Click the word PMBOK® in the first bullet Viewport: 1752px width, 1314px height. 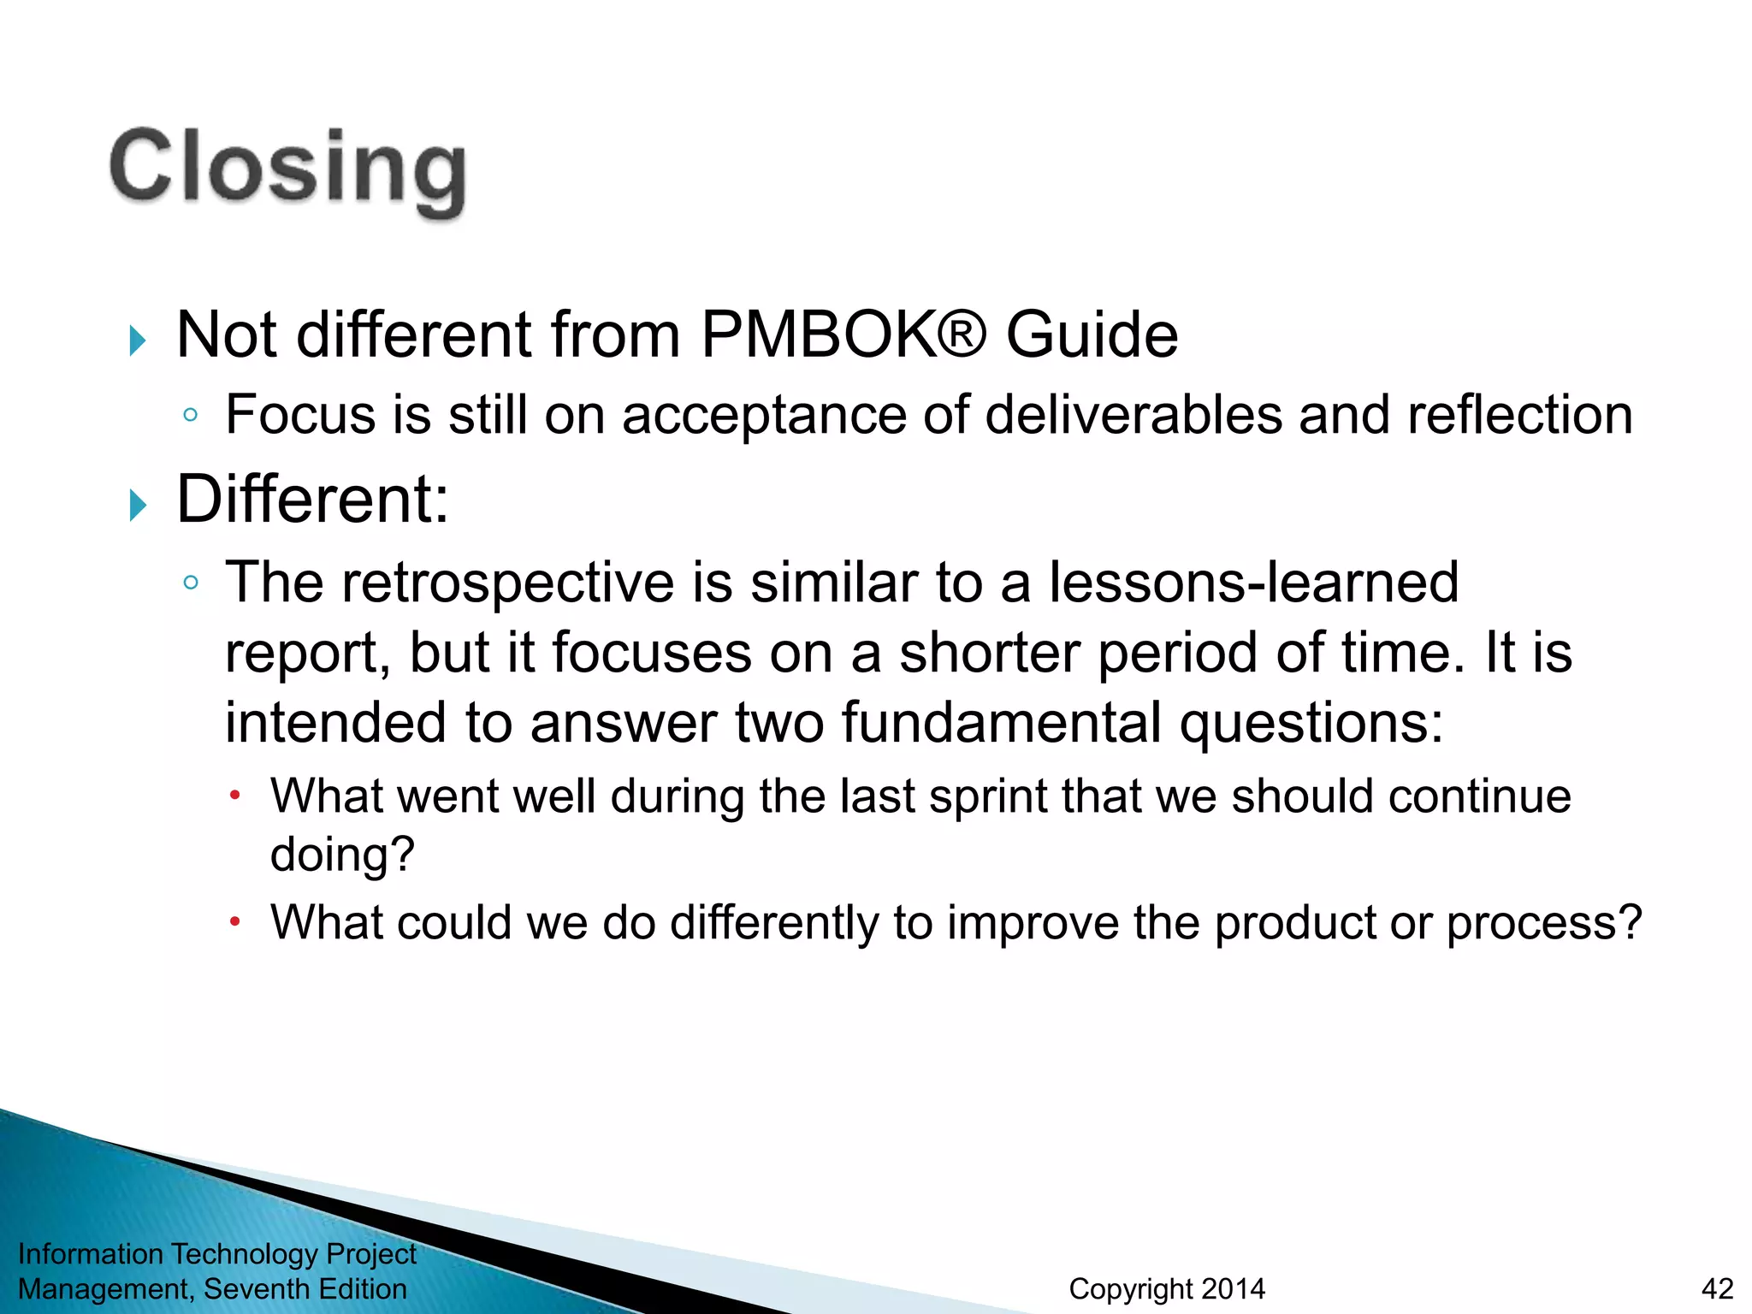[x=843, y=334]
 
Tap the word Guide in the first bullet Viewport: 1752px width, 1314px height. [x=1092, y=334]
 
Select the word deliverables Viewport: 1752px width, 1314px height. [x=1133, y=416]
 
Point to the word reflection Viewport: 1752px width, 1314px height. [x=1519, y=416]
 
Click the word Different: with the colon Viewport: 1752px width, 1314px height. [x=312, y=500]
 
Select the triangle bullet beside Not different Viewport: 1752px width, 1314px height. [x=138, y=340]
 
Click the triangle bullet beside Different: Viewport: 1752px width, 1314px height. [x=138, y=505]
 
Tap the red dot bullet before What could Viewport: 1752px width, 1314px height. [x=235, y=922]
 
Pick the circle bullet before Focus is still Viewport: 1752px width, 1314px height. [x=191, y=416]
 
